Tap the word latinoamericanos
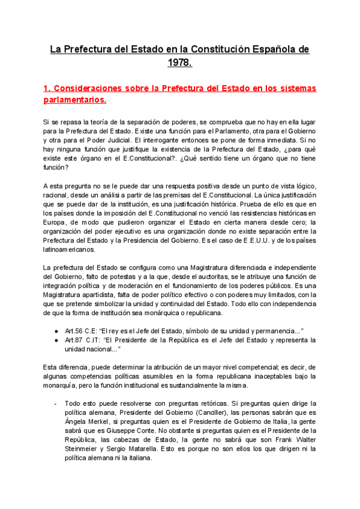tap(73, 250)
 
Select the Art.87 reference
tap(74, 340)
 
